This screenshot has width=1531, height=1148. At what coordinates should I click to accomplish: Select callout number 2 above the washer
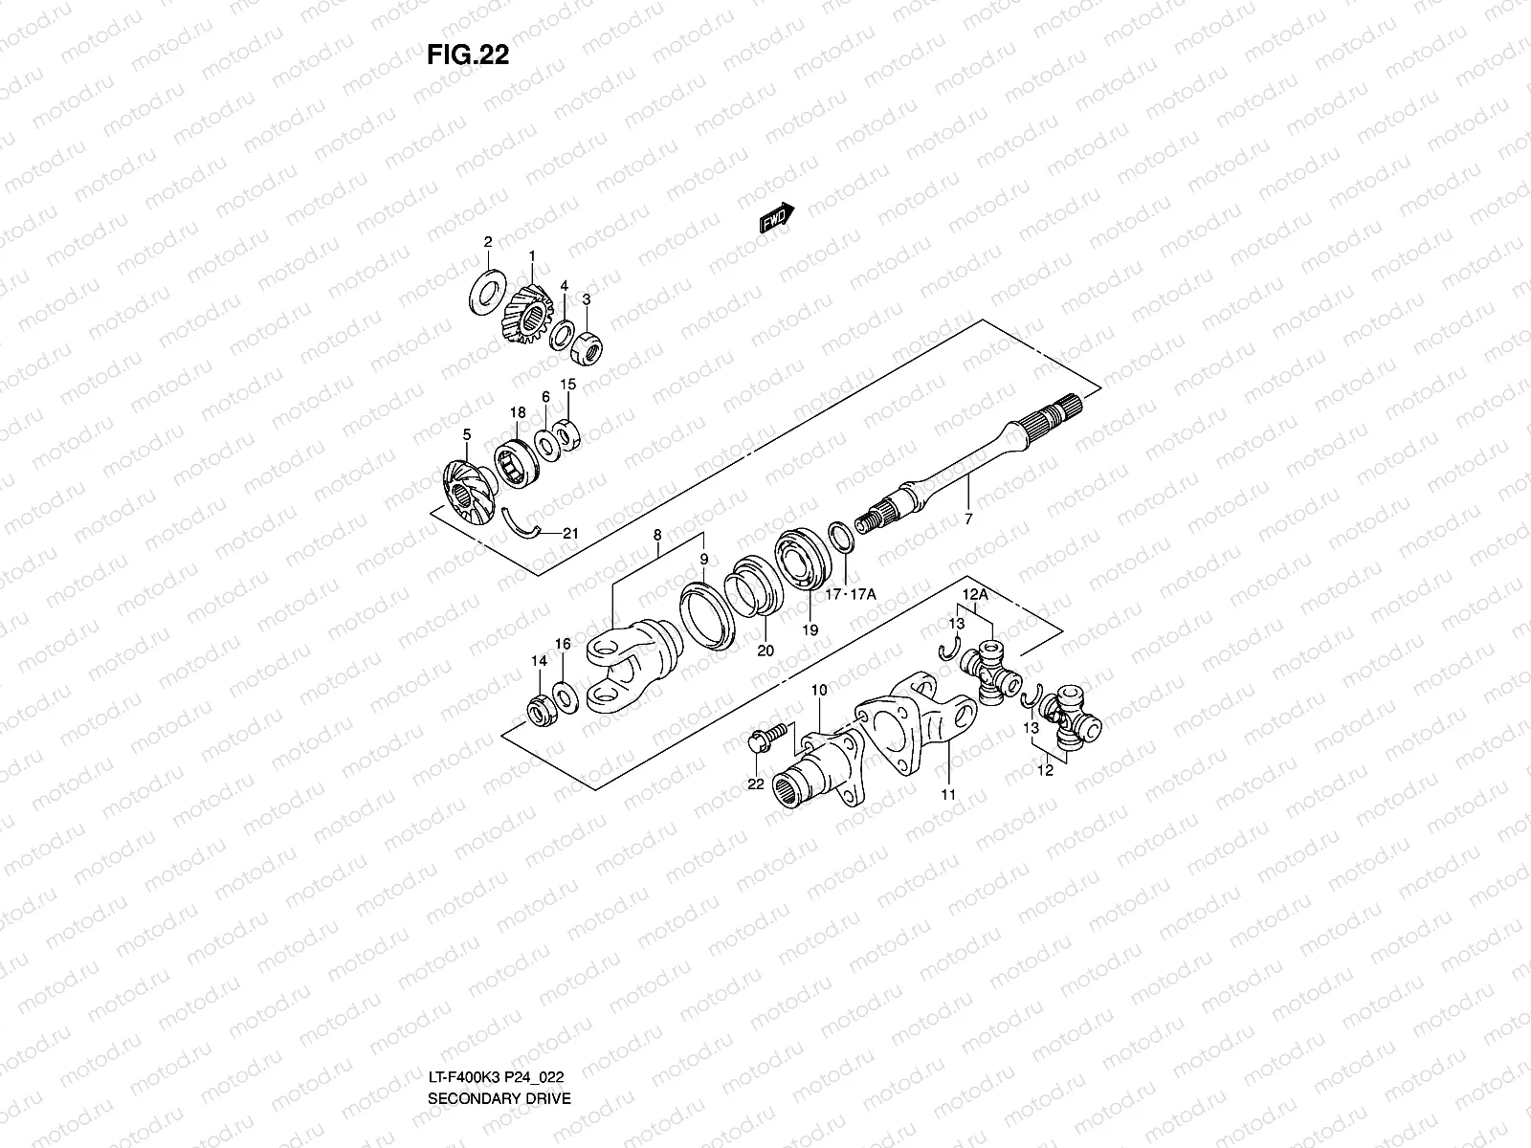pyautogui.click(x=487, y=241)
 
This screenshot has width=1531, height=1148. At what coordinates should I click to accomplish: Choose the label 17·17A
pyautogui.click(x=850, y=594)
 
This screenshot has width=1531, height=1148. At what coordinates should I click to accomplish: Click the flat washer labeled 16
pyautogui.click(x=566, y=697)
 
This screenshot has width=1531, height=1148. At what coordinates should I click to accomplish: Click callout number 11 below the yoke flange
pyautogui.click(x=948, y=794)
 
